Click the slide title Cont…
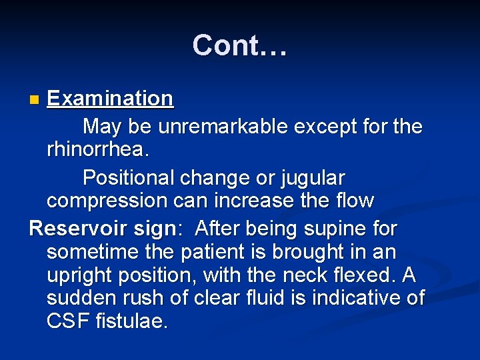[239, 45]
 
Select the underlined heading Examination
[110, 99]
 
